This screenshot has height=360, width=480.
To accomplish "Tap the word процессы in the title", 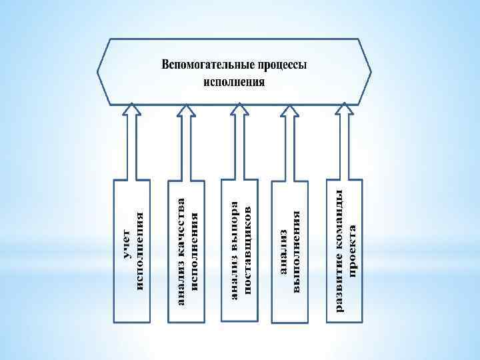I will coord(283,67).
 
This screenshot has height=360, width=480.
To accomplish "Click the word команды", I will coord(339,219).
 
